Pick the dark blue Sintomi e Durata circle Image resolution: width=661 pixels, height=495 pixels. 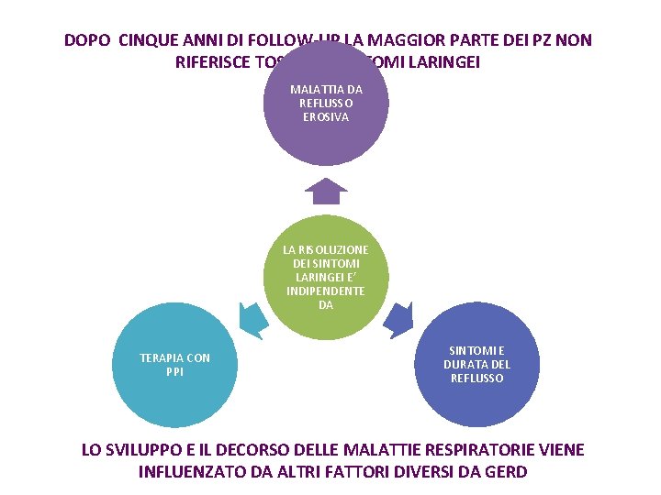pos(476,367)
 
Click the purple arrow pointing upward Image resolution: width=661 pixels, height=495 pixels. pos(325,191)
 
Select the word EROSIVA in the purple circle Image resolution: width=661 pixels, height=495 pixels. pos(325,116)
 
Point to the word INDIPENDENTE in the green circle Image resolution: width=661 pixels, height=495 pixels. pos(325,291)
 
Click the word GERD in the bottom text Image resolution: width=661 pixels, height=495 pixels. pos(508,472)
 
